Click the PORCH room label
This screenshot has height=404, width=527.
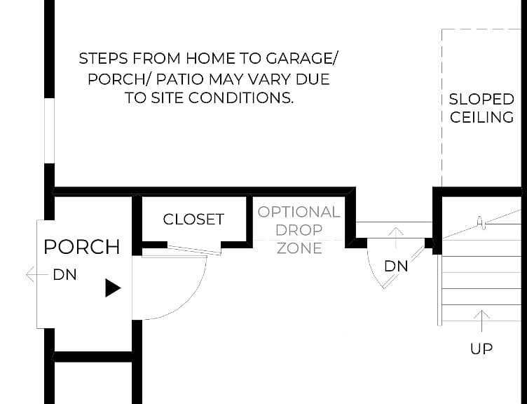(x=82, y=247)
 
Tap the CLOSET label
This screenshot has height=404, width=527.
(x=193, y=220)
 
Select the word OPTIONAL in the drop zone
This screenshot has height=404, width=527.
(x=299, y=213)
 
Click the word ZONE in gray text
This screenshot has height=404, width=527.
(x=299, y=248)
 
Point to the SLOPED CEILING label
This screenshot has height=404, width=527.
(x=481, y=108)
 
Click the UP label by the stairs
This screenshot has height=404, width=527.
(x=481, y=349)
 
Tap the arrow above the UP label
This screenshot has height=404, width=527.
(x=481, y=321)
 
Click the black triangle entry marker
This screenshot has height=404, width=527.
(x=113, y=288)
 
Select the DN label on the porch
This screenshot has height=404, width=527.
(x=65, y=275)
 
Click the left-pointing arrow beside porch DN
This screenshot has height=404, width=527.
(x=37, y=274)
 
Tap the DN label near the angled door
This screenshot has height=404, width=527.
(x=396, y=267)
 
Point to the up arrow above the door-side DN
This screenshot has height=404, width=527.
(x=396, y=238)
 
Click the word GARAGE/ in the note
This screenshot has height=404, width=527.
(x=301, y=58)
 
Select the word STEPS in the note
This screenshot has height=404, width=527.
(x=104, y=58)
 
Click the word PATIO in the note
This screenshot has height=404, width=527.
(x=180, y=79)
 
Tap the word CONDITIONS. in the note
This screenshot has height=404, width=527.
(x=240, y=98)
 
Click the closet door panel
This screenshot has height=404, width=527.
(x=194, y=250)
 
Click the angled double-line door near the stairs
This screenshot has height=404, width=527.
(x=404, y=267)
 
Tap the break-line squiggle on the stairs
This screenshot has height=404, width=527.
(x=481, y=222)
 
